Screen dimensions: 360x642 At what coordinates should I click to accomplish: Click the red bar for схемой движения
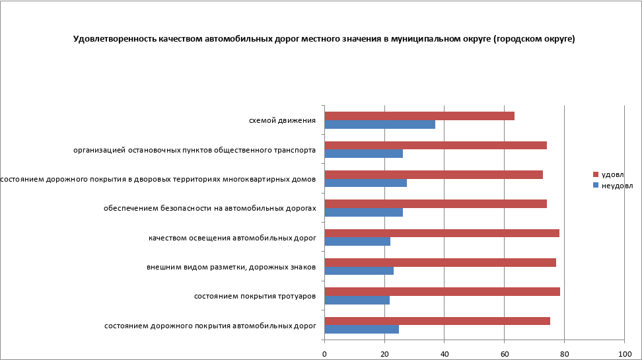click(x=419, y=116)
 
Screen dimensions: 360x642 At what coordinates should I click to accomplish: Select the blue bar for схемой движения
click(x=380, y=124)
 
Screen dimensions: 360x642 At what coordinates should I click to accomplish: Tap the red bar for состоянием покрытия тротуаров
click(x=443, y=291)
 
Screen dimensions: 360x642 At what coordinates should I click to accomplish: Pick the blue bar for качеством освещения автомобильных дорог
click(x=357, y=241)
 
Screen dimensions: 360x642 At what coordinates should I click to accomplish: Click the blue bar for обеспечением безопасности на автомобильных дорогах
click(x=364, y=212)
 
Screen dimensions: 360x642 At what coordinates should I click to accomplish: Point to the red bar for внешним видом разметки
click(x=441, y=262)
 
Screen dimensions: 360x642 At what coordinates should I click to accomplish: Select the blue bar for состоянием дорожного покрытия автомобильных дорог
click(x=362, y=329)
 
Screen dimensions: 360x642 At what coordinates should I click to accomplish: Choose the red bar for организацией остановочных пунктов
click(x=436, y=145)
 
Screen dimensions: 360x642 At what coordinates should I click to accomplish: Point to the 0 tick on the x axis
click(x=324, y=354)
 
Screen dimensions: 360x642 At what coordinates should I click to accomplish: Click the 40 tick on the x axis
click(x=445, y=354)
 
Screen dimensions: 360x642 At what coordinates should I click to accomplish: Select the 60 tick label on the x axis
click(x=504, y=354)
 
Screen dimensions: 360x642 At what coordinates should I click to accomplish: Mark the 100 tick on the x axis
click(x=624, y=354)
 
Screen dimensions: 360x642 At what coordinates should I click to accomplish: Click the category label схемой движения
click(x=282, y=120)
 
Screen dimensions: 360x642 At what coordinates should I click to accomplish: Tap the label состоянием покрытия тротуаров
click(x=254, y=296)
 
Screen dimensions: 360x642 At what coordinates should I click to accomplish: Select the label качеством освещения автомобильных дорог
click(x=232, y=238)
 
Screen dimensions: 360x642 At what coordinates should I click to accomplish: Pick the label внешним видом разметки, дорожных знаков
click(x=231, y=267)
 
